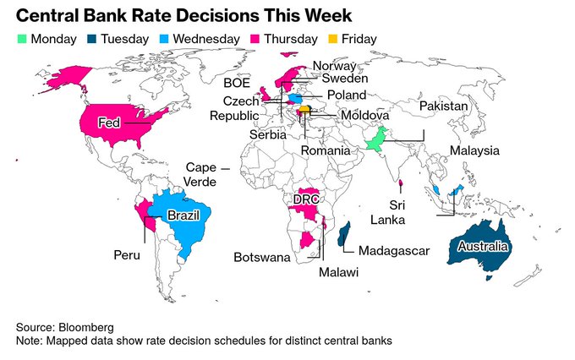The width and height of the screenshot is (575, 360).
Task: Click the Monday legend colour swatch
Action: pos(22,39)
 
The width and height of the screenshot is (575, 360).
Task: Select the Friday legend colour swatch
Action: pos(333,39)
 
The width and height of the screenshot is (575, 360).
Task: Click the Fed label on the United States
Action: pos(108,122)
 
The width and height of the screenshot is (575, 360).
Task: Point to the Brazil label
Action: pos(183,216)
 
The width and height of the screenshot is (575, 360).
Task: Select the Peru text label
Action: pos(127,254)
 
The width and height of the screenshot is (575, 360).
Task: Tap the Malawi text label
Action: pos(338,272)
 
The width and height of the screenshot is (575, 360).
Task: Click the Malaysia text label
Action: pos(474,150)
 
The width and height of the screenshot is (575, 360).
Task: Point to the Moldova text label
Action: pos(364,115)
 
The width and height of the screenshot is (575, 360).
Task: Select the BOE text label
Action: pos(236,83)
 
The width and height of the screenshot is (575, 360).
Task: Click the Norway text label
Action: pos(332,66)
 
